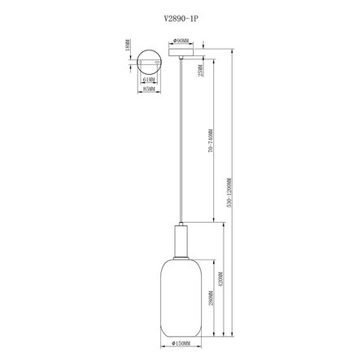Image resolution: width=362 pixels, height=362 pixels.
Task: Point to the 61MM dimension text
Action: (x=148, y=80)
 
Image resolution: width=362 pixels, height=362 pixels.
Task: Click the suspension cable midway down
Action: (x=181, y=146)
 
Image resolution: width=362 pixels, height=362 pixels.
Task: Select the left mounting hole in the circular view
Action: (x=140, y=62)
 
